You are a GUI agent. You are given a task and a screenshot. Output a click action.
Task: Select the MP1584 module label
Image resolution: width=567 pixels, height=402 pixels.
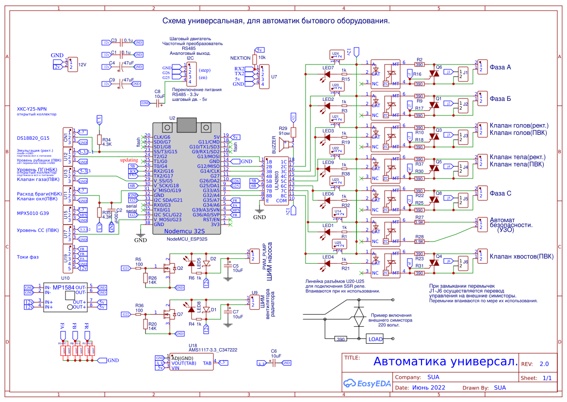(63, 288)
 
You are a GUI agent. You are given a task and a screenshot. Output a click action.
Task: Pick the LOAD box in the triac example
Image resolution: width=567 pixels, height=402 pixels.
(375, 339)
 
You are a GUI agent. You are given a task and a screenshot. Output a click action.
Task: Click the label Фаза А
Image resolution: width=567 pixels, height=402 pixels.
(500, 67)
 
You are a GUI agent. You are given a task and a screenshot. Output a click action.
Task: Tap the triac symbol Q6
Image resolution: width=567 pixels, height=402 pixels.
(435, 73)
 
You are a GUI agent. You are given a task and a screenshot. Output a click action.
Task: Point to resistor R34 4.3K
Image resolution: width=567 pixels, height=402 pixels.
(99, 140)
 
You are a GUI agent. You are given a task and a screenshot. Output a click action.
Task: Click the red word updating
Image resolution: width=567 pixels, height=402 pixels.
(129, 160)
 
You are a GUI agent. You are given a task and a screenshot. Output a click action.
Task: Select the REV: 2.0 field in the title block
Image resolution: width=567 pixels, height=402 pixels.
(535, 364)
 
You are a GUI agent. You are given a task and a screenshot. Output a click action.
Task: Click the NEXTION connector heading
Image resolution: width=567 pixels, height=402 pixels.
(241, 58)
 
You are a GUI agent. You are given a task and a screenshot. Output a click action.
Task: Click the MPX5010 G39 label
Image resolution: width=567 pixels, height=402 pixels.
(33, 213)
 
